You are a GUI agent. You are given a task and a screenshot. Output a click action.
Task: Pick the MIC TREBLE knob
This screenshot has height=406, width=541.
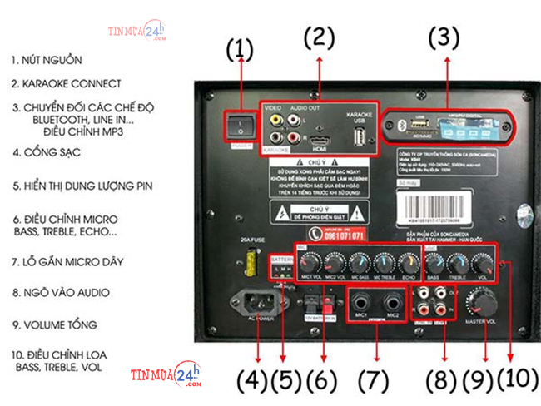384,260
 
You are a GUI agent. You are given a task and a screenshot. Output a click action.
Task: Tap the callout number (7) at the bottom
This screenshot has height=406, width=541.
371,380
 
